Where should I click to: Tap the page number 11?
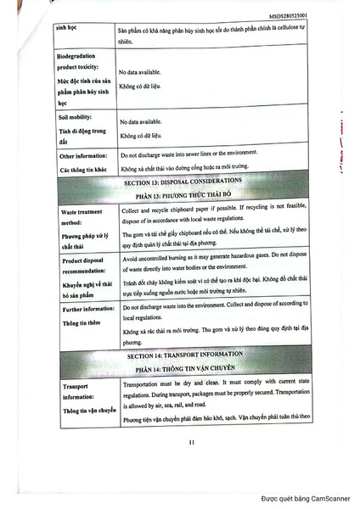point(192,440)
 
